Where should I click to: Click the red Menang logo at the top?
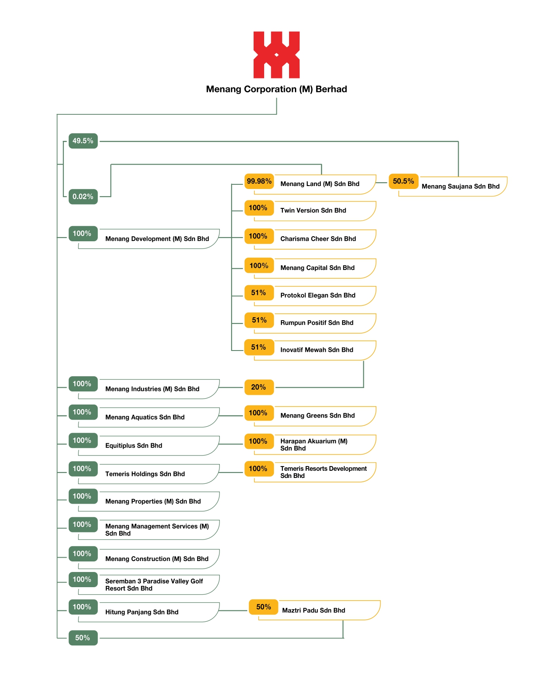click(276, 55)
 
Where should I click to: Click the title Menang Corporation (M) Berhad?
click(276, 89)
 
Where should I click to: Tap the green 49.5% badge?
click(83, 141)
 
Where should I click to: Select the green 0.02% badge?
click(83, 197)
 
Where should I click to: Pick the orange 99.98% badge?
click(259, 181)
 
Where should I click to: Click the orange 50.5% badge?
click(403, 181)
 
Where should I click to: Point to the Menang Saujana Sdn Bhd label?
click(460, 186)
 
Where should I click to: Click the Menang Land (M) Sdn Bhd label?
click(320, 184)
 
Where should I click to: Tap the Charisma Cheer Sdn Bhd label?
click(318, 239)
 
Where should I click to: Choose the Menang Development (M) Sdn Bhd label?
click(157, 239)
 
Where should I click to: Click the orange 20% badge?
click(259, 387)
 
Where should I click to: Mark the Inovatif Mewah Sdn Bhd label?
click(316, 350)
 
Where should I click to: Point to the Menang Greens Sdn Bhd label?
click(318, 415)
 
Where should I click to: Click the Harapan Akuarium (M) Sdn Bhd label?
click(314, 445)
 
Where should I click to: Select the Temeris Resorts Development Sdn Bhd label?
click(323, 472)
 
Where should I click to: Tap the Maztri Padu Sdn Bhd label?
click(314, 610)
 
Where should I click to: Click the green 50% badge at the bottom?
click(83, 638)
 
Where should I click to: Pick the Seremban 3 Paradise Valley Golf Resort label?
click(154, 585)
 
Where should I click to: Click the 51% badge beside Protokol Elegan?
click(259, 293)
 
